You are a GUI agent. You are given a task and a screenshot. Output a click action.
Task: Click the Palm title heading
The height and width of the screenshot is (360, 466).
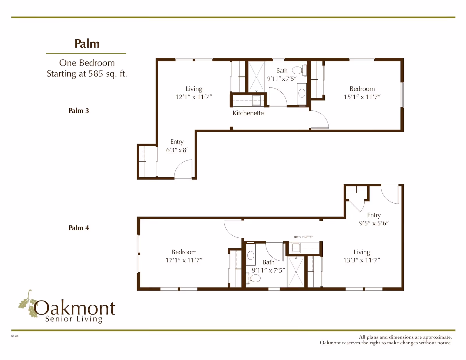click(87, 44)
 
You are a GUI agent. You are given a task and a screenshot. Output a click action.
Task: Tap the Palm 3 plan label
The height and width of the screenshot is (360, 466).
click(79, 111)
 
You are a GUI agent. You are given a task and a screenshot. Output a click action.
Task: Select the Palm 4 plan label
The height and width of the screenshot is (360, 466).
click(79, 228)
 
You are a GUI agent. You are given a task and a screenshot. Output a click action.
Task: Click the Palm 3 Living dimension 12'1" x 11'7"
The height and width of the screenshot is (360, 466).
click(194, 97)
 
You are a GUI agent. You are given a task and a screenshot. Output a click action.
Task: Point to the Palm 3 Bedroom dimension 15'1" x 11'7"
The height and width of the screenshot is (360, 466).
click(362, 97)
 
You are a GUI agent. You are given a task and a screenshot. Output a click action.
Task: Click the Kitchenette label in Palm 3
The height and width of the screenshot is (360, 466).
click(248, 113)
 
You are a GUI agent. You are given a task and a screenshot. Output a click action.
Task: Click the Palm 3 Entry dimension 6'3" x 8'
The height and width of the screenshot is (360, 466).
click(177, 150)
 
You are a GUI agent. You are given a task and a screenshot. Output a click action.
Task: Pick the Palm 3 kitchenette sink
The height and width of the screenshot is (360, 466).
click(256, 101)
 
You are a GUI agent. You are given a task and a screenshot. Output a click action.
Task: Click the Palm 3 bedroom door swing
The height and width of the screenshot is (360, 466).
click(320, 119)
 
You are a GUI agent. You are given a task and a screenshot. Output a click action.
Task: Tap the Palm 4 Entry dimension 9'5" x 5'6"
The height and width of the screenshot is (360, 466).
click(374, 223)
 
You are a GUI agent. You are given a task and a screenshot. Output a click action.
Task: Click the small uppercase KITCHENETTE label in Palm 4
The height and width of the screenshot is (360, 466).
click(304, 237)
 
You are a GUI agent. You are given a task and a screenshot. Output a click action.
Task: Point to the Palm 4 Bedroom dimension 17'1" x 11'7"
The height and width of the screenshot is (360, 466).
click(184, 260)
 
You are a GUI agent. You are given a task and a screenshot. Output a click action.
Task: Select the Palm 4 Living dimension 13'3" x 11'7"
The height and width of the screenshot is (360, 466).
click(362, 260)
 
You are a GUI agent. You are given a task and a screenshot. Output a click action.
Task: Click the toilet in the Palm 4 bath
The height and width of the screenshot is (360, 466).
click(255, 278)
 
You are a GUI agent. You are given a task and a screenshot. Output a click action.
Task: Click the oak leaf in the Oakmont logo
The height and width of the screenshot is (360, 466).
click(28, 304)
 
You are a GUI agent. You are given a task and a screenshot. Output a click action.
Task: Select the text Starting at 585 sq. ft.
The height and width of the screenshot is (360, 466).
click(87, 74)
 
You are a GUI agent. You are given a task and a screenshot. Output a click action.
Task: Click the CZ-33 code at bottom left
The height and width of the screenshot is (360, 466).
click(15, 336)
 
